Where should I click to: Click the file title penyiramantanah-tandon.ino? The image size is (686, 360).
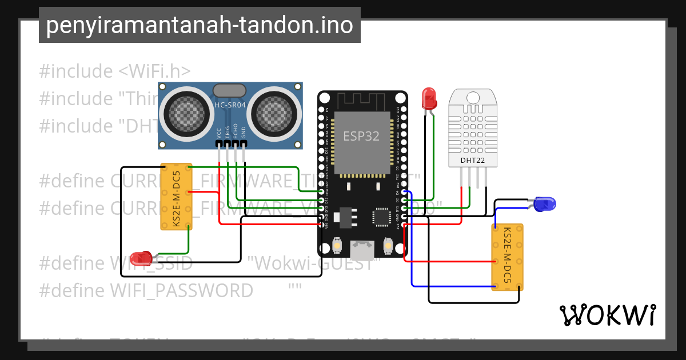click(x=200, y=26)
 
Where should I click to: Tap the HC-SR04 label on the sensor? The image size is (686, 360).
click(x=230, y=105)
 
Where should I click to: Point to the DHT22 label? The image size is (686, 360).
click(x=473, y=161)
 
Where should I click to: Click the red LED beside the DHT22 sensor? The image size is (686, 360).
click(x=429, y=99)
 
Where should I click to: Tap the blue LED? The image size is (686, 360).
click(x=544, y=203)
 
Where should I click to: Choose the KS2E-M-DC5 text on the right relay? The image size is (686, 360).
click(x=507, y=256)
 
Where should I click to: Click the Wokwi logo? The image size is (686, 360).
click(x=607, y=315)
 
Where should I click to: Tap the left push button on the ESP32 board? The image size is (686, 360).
click(x=337, y=247)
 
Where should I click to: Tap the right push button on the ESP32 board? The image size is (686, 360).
click(x=388, y=247)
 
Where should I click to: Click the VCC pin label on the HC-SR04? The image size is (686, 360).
click(x=219, y=133)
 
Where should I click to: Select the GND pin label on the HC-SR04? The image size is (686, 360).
click(x=244, y=133)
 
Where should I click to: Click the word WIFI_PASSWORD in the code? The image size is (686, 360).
click(x=181, y=291)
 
